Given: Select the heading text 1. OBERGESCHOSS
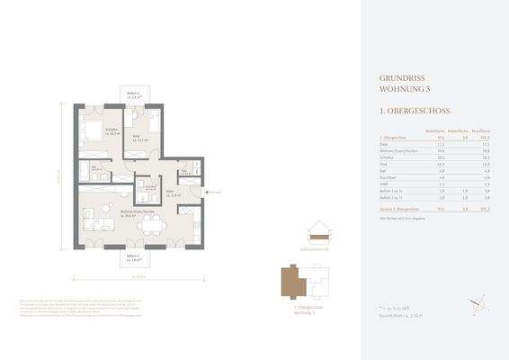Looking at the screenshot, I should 408,112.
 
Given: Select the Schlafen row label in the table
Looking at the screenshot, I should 388,156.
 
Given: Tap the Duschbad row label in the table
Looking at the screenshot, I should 388,177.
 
